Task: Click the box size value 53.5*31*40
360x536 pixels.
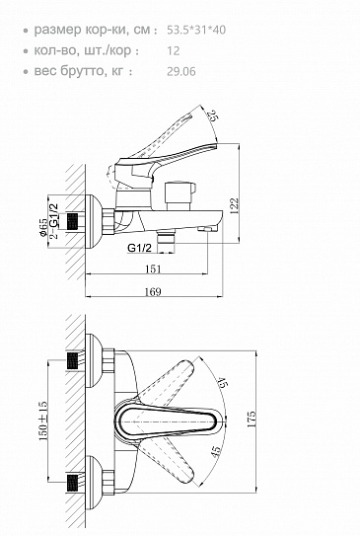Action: (196, 30)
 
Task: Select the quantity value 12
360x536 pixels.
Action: (174, 51)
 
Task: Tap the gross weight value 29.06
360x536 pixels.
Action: (181, 71)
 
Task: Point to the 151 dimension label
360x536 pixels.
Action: (153, 269)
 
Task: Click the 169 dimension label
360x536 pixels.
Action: (153, 292)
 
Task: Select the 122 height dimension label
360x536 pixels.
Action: (234, 205)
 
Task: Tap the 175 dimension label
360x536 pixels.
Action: (252, 420)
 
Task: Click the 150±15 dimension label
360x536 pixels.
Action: (43, 421)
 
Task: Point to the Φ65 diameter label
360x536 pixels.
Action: (43, 227)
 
